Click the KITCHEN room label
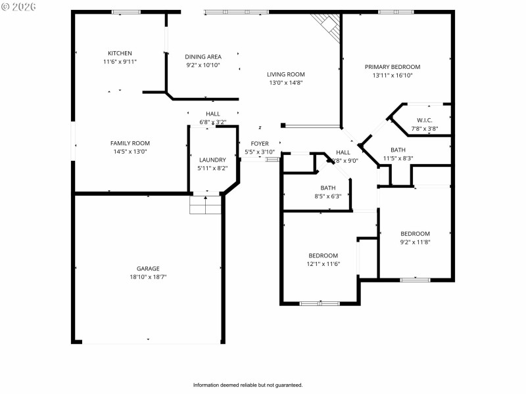click(120, 53)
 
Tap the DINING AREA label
click(203, 57)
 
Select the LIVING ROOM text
click(286, 74)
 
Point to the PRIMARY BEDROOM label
click(393, 67)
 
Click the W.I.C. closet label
click(424, 120)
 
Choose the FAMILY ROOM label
click(130, 143)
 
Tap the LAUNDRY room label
click(212, 160)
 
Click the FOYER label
click(259, 143)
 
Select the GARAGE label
click(148, 269)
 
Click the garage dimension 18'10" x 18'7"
click(148, 277)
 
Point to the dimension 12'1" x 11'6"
click(323, 264)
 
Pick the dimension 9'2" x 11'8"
click(415, 242)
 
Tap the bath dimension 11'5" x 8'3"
click(398, 158)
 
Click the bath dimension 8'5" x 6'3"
click(327, 196)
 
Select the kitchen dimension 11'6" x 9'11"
click(120, 62)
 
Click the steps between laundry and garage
click(206, 205)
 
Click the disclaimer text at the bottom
click(247, 385)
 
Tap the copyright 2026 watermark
click(19, 7)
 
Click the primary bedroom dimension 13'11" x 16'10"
click(393, 76)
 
